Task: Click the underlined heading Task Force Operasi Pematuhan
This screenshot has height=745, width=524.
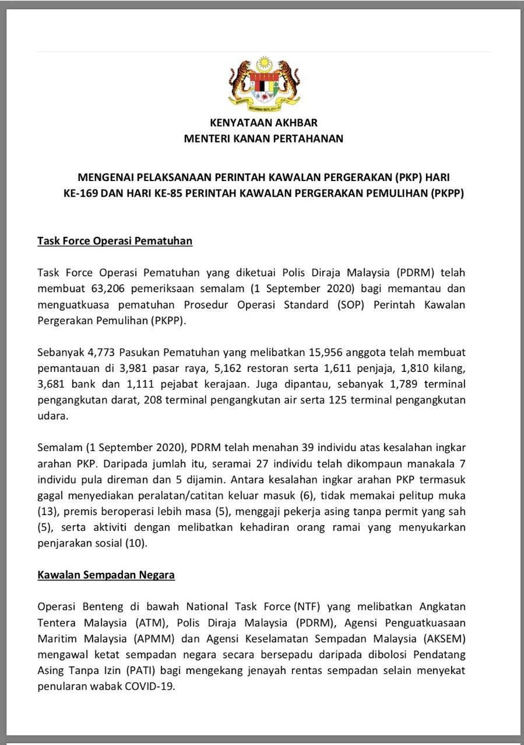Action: (115, 240)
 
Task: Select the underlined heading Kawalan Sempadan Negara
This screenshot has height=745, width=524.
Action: (106, 576)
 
